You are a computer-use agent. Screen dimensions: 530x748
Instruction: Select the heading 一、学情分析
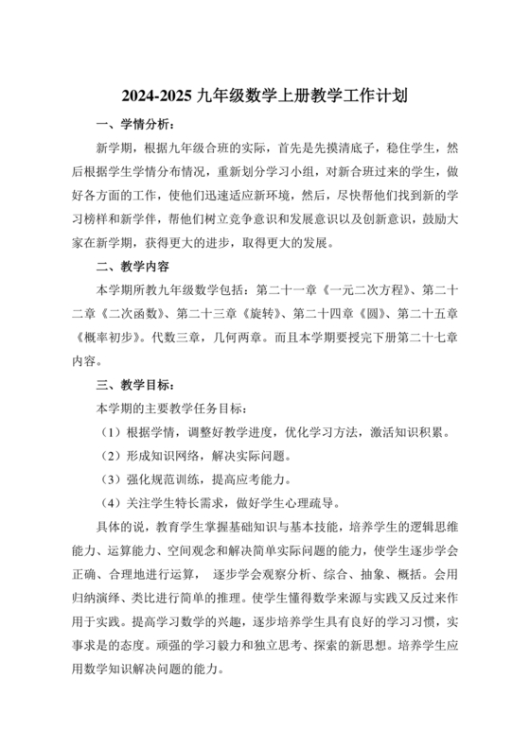pyautogui.click(x=134, y=125)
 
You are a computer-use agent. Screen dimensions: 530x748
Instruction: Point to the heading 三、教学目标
pyautogui.click(x=134, y=385)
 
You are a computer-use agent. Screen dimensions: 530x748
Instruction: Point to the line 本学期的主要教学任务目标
pyautogui.click(x=173, y=409)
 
